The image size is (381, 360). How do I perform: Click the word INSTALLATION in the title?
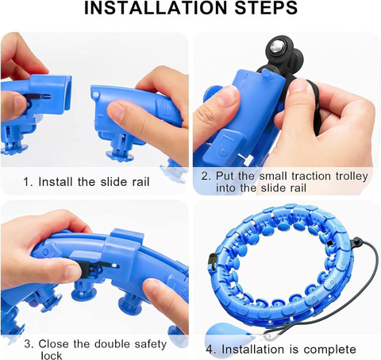(156, 8)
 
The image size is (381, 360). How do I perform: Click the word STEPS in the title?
(266, 8)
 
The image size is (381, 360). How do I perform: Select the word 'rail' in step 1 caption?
(140, 182)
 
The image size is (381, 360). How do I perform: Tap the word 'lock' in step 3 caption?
(52, 355)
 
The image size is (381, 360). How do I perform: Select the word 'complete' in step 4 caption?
(329, 350)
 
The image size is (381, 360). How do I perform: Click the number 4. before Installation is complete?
(212, 350)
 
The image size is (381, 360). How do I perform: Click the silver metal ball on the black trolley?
(275, 47)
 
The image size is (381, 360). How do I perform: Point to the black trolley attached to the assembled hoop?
(356, 242)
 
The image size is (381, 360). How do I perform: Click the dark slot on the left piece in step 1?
(38, 96)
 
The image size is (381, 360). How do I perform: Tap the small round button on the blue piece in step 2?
(224, 153)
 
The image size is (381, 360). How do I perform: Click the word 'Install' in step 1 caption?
(56, 182)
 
